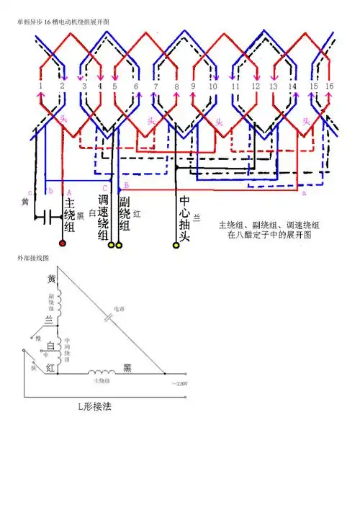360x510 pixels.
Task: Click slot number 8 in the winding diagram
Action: point(177,87)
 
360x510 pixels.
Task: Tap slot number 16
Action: point(330,86)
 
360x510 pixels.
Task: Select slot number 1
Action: point(41,86)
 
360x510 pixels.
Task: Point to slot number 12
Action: point(253,86)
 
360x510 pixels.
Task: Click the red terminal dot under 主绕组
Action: point(62,244)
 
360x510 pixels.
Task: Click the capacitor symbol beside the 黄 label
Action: point(48,215)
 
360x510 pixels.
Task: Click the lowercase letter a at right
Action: point(304,194)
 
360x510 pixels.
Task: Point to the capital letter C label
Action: point(105,189)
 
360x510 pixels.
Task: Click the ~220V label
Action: point(179,384)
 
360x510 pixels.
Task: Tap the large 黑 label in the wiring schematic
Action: point(127,367)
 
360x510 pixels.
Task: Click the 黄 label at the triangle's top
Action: point(51,279)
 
